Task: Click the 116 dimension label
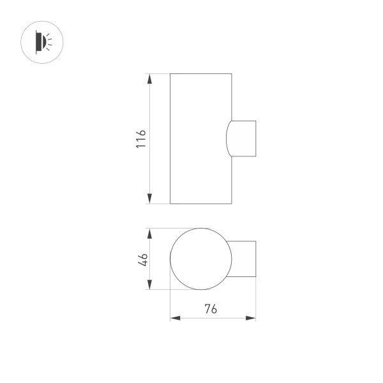click(142, 139)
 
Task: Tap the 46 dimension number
click(143, 259)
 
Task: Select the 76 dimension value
click(211, 310)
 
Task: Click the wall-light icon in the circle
click(45, 42)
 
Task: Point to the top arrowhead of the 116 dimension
click(149, 78)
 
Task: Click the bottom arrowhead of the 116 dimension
click(149, 199)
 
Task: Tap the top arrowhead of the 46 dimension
click(149, 232)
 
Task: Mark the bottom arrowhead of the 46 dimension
click(149, 285)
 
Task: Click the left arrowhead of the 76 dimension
click(174, 317)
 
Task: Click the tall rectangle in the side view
click(200, 139)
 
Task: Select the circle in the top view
click(200, 259)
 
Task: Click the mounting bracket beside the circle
click(244, 259)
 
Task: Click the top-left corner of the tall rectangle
click(170, 73)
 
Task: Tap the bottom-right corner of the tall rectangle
click(230, 204)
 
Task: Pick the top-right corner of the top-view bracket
click(256, 241)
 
